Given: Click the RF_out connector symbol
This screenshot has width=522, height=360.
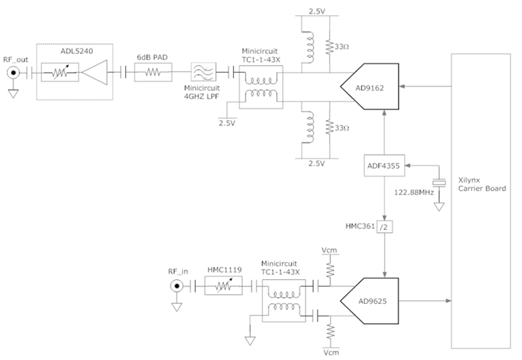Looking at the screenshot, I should click(13, 73).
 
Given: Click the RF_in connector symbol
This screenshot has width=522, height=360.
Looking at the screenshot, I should click(176, 286).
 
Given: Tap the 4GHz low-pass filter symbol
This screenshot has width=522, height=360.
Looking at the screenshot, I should click(201, 73).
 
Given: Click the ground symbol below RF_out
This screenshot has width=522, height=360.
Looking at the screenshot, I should click(13, 92).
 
